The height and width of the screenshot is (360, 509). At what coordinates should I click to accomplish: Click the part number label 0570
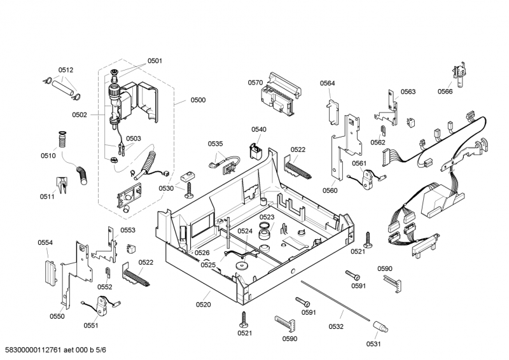pos(255,83)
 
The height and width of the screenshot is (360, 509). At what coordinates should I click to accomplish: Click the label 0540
pos(258,129)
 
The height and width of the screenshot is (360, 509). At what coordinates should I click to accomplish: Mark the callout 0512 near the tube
pos(66,70)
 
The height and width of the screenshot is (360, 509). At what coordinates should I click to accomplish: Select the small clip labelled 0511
pos(63,184)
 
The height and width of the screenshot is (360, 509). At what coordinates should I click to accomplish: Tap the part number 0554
pos(45,242)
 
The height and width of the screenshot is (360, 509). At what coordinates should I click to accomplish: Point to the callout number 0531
pos(373,344)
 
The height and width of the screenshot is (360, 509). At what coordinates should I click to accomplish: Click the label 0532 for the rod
pos(336,326)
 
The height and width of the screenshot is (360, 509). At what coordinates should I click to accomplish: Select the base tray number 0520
pos(203,305)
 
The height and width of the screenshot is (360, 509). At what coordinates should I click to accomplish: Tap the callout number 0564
pos(328,83)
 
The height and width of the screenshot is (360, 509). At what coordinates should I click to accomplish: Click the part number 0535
pos(216,144)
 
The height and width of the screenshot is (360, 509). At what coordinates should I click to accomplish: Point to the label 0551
pos(91,326)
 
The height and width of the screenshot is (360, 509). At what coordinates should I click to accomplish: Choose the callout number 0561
pos(359,163)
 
